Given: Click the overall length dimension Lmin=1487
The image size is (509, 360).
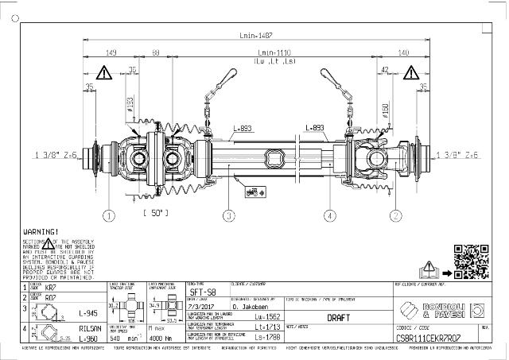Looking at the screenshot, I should coord(254,34).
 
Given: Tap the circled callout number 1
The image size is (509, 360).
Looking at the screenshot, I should coord(109,215).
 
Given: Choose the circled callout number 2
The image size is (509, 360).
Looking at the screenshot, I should coord(396,215).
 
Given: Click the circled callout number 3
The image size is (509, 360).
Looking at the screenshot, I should coord(229,215).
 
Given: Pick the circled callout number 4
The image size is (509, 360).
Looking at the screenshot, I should coord(328,215).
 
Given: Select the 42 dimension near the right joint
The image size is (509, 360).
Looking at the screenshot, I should coord(385,70).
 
